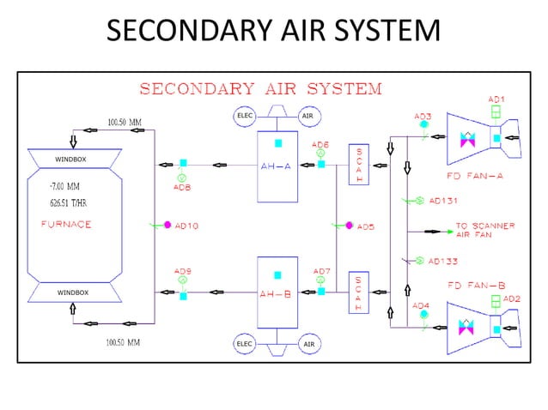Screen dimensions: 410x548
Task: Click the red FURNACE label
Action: click(66, 224)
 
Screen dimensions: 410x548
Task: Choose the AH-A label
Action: click(276, 167)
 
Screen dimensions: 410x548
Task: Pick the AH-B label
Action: click(276, 292)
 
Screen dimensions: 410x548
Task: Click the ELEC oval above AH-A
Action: click(245, 115)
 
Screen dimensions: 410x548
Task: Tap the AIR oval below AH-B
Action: click(307, 344)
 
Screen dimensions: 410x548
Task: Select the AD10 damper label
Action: click(186, 226)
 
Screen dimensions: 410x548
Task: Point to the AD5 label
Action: click(366, 226)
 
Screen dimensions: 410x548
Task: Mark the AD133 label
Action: click(443, 261)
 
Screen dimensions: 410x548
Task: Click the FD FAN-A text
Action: click(474, 175)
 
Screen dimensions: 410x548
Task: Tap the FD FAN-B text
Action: click(474, 284)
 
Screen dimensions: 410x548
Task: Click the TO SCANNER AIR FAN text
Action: click(484, 230)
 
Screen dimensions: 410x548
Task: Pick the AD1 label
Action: click(496, 99)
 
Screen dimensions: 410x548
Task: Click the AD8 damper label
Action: click(181, 186)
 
